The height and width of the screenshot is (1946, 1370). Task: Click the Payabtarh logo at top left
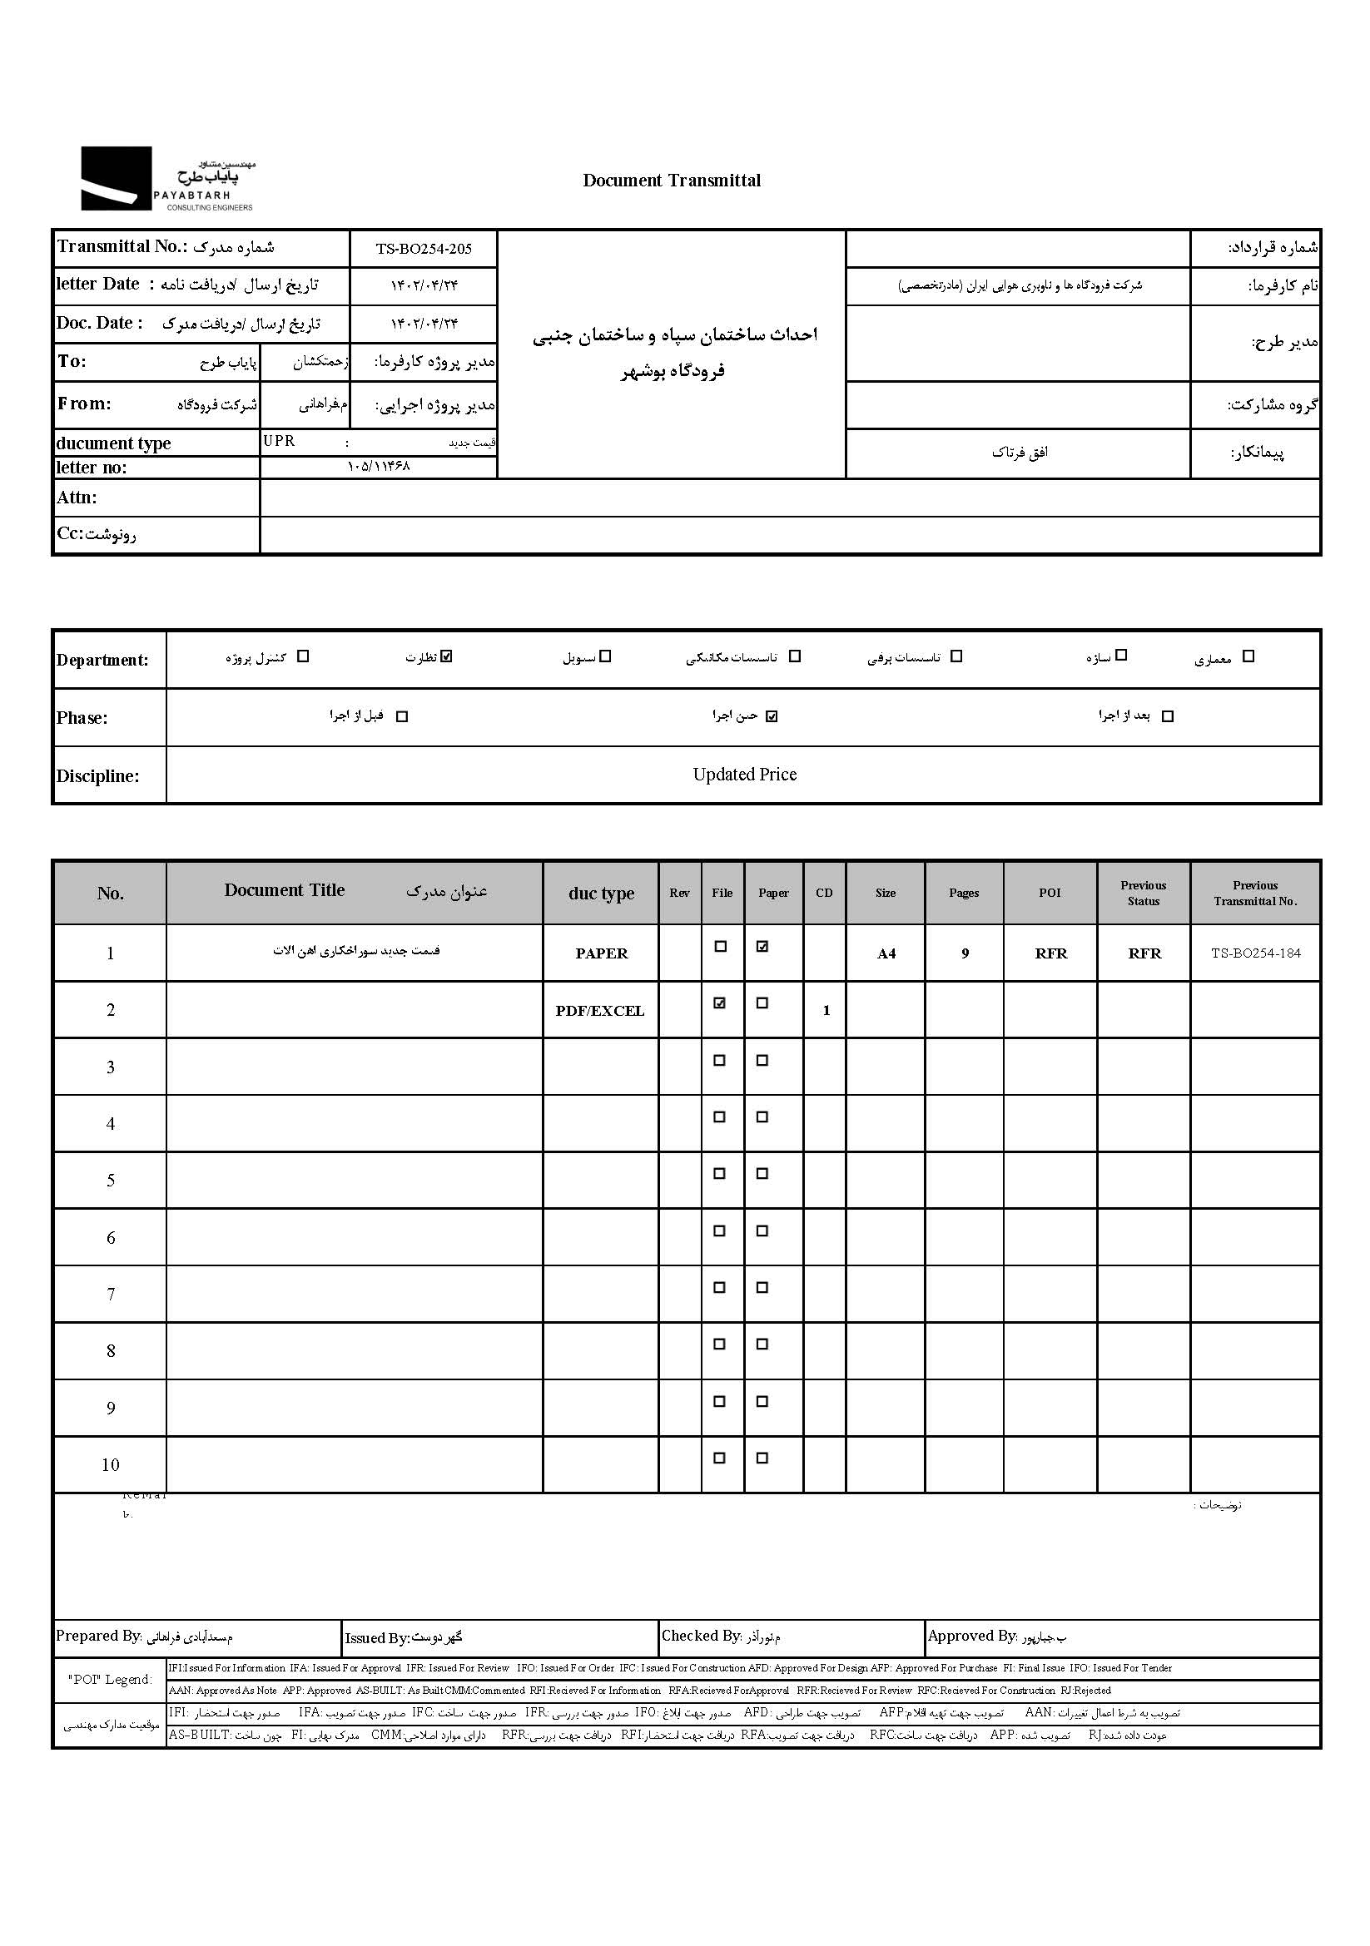coord(168,179)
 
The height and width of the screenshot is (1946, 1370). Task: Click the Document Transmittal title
coord(672,181)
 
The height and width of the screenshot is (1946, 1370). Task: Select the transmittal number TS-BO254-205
coord(424,248)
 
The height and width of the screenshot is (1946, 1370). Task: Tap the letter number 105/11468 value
coord(378,466)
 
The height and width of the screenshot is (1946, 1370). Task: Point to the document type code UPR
coord(279,442)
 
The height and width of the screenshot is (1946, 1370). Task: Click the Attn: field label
coord(77,498)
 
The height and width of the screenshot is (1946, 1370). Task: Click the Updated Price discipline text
coord(744,775)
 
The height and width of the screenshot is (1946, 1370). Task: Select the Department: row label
coord(102,661)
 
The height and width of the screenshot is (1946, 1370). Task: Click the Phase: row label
coord(82,718)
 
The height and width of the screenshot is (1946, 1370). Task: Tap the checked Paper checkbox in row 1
coord(762,947)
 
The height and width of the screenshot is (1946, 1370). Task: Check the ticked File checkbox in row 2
coord(720,1003)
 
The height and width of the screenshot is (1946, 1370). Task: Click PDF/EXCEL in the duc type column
coord(600,1011)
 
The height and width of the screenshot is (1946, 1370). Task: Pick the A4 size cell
coord(886,954)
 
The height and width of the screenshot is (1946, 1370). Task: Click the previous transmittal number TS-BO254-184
coord(1255,953)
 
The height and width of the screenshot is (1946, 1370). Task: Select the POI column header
coord(1050,893)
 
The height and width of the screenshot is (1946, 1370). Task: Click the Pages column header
coord(964,893)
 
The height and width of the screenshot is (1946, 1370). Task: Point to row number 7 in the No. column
coord(110,1295)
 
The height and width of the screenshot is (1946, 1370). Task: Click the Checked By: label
coord(701,1636)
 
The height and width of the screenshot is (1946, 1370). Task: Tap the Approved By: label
coord(971,1636)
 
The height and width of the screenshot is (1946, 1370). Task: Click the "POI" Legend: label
coord(110,1680)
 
